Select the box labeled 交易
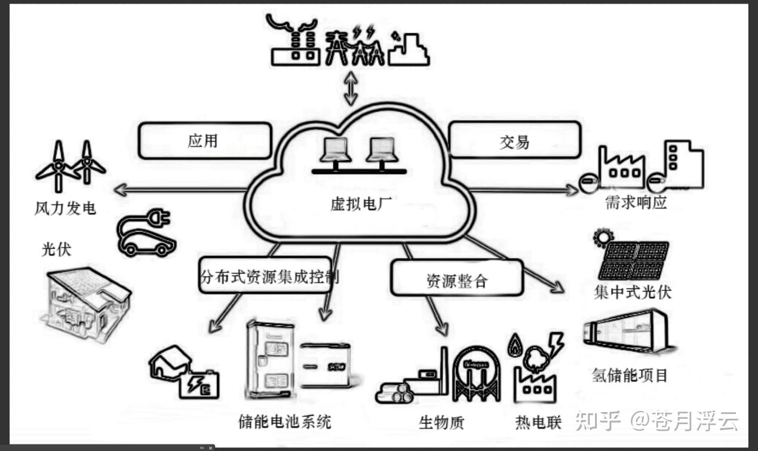tap(514, 141)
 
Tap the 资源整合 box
tap(457, 280)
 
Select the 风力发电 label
tap(65, 209)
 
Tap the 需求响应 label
tap(636, 203)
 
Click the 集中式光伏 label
tap(633, 292)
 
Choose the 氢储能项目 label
tap(629, 375)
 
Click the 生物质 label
tap(441, 423)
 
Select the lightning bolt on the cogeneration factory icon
tap(555, 343)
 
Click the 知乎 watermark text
tap(597, 421)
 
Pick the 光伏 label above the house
tap(56, 248)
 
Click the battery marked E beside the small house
tap(202, 384)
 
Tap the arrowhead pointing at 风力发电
tap(119, 191)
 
